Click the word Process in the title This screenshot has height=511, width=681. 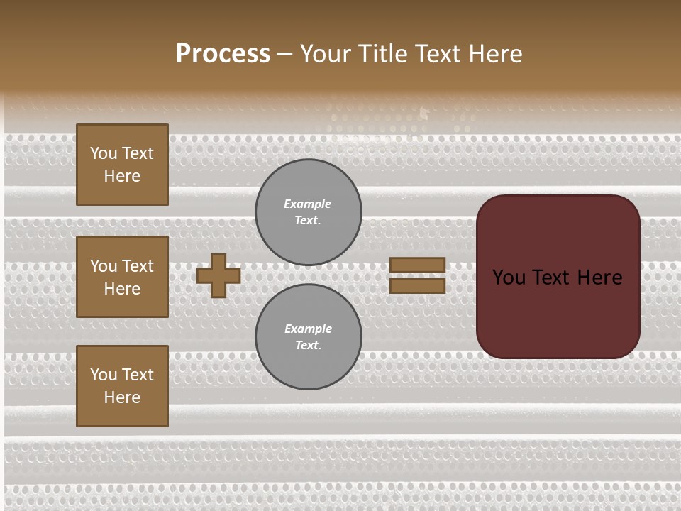[x=223, y=54]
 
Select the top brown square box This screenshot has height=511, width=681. [x=122, y=165]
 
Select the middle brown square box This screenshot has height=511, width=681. [x=122, y=277]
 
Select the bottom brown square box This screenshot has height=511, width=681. [x=122, y=386]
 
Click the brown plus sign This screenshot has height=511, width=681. [x=218, y=275]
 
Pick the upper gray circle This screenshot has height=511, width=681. [x=309, y=212]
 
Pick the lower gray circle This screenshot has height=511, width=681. [x=309, y=337]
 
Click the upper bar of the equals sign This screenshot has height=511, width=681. [x=418, y=265]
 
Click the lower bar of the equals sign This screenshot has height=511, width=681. [x=418, y=285]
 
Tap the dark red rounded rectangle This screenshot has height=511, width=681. [x=558, y=312]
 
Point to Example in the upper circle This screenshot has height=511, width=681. [x=308, y=204]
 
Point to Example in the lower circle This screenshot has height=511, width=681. [x=308, y=329]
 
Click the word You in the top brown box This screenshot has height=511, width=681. [x=104, y=153]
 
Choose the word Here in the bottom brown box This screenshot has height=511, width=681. [x=122, y=397]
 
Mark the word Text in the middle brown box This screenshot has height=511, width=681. [x=137, y=266]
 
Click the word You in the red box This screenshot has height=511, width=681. [x=509, y=278]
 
